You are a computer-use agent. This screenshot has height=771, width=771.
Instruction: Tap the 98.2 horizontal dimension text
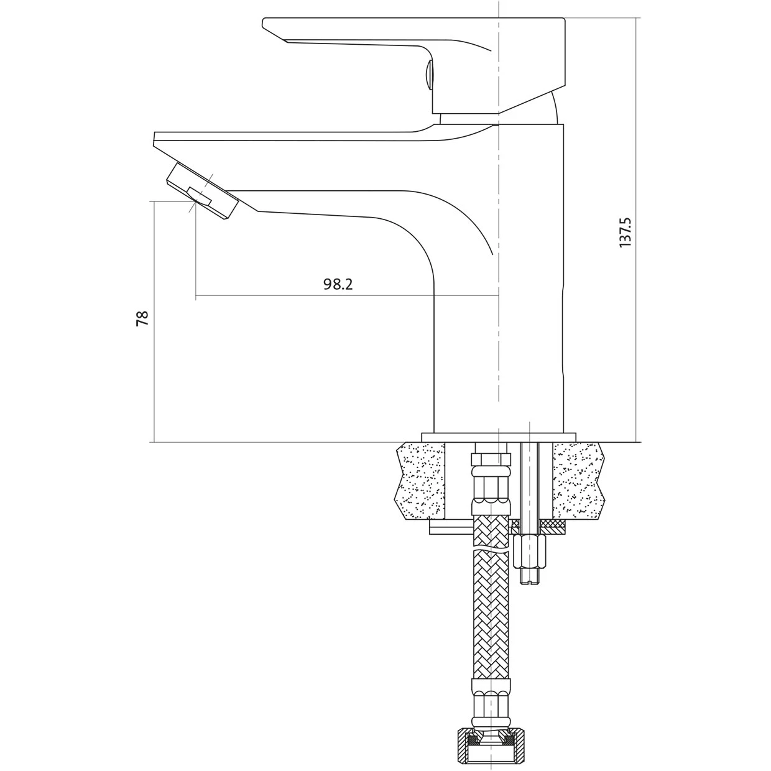tap(338, 285)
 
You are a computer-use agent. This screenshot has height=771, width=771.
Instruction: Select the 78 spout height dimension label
tap(142, 318)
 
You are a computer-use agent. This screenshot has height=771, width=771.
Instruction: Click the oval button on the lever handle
tap(429, 75)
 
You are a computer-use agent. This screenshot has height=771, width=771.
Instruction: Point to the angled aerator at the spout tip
tap(203, 191)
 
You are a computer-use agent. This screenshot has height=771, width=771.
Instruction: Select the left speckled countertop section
tap(420, 481)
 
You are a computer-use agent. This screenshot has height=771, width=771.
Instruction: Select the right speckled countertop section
tap(578, 481)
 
